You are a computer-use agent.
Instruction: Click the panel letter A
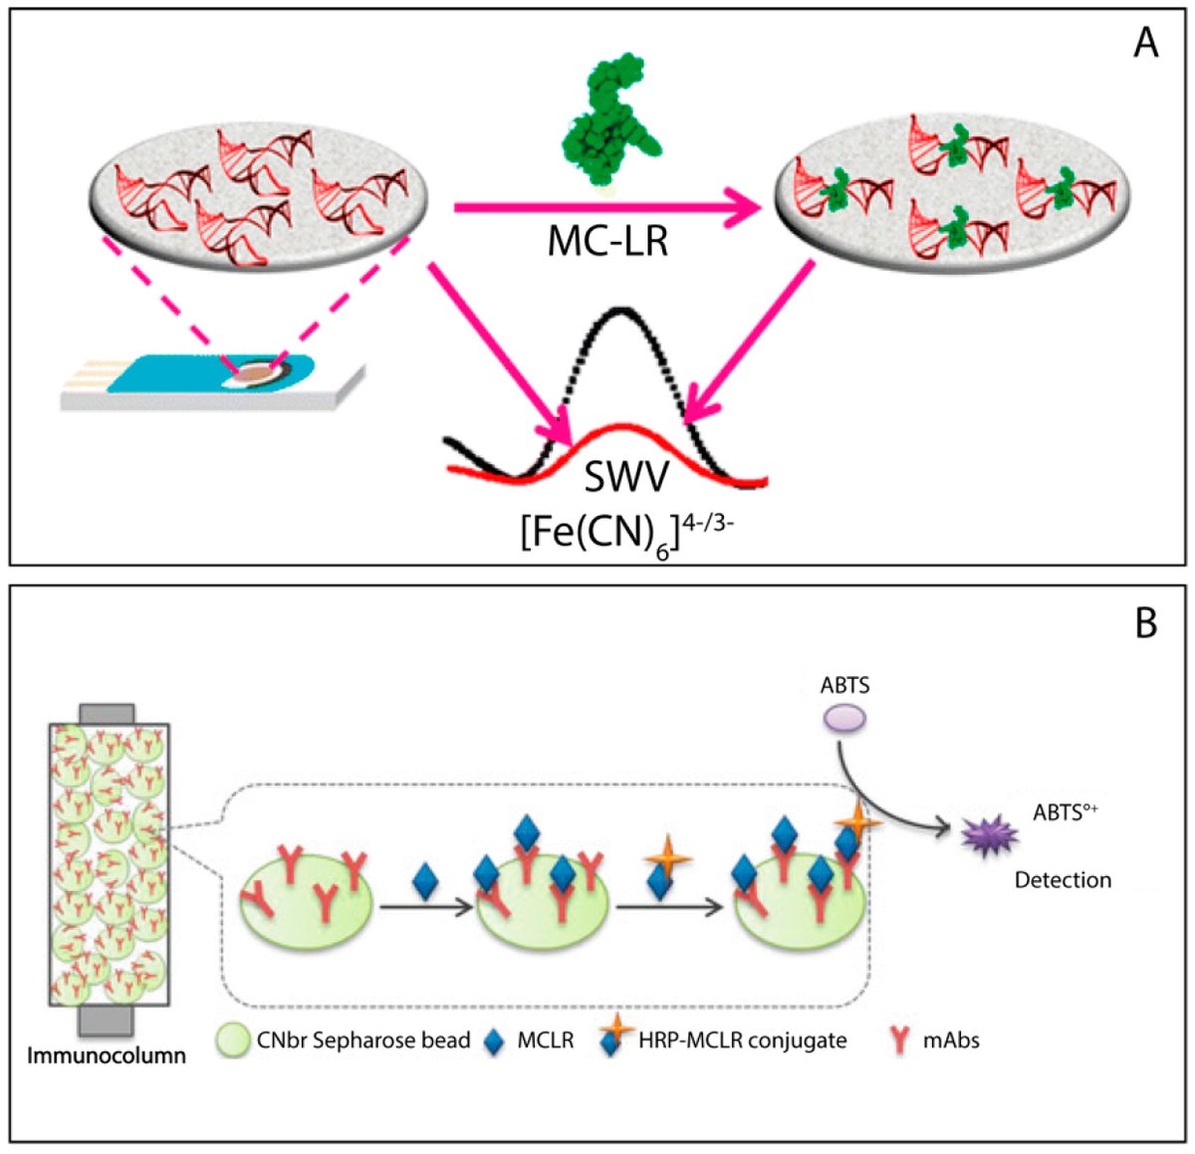[x=1145, y=43]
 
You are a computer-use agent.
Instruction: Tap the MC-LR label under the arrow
[x=607, y=241]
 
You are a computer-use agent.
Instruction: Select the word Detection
[x=1063, y=880]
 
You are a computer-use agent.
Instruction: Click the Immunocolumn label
[x=107, y=1054]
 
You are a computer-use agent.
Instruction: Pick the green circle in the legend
[x=233, y=1040]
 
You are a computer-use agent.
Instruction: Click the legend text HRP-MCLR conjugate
[x=743, y=1040]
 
